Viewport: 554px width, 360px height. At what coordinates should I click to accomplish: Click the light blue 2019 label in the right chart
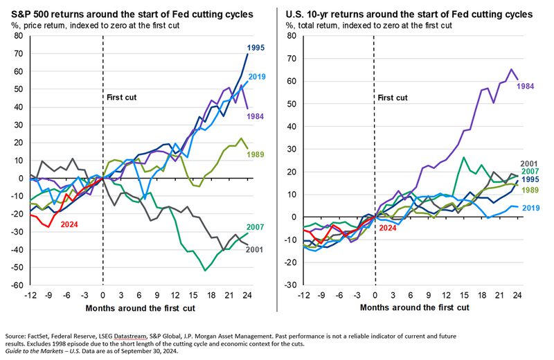[531, 208]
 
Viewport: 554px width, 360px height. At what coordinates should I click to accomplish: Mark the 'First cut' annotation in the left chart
[121, 98]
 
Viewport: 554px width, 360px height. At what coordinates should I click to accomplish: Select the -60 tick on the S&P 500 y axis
[12, 285]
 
